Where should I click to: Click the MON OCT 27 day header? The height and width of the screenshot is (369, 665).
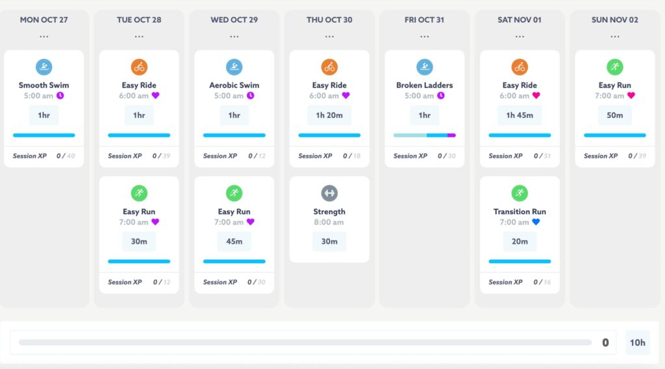44,19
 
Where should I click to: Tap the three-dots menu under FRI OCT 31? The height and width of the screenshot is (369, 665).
425,36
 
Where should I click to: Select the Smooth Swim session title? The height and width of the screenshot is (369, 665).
44,85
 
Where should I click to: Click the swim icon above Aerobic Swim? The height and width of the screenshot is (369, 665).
234,67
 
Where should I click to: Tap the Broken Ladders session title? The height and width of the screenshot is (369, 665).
425,85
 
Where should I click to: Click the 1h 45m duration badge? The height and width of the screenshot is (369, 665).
520,115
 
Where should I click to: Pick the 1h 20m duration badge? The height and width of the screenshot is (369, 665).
329,115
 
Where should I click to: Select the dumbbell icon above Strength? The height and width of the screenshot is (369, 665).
329,193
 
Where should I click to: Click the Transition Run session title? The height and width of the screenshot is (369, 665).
520,211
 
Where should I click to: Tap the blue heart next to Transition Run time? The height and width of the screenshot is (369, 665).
536,222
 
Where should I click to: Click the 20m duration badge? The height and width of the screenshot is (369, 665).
520,241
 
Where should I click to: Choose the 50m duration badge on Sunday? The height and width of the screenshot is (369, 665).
614,115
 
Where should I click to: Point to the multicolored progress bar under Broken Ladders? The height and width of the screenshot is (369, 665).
425,135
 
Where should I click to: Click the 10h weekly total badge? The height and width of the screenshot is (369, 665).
637,342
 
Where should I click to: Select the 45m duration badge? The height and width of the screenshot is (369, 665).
234,241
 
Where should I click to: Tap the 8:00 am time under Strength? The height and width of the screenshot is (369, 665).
329,222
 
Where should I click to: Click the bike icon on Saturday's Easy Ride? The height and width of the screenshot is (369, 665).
520,67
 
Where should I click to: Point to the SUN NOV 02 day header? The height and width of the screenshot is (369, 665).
614,19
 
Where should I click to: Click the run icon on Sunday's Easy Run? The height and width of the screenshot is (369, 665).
614,67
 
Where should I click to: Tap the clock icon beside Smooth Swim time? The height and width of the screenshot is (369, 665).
60,95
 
